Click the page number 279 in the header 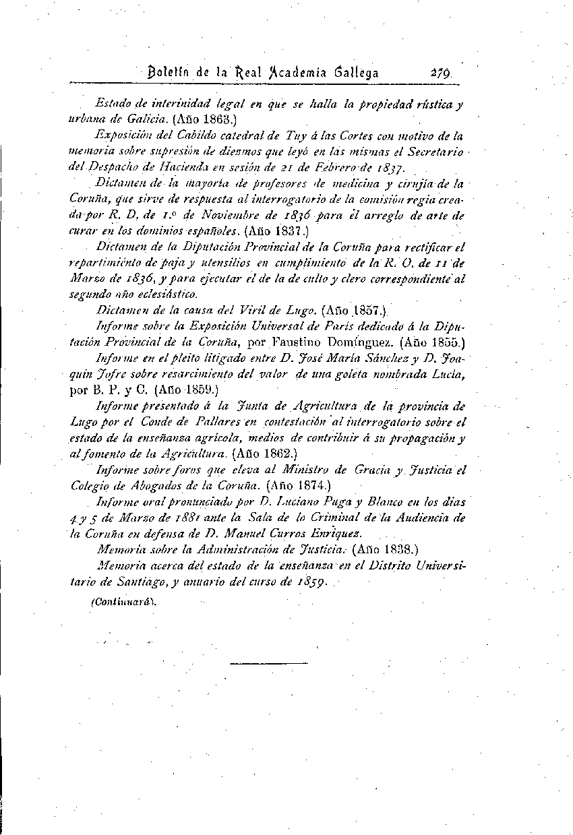click(x=438, y=73)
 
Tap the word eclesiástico click(x=167, y=294)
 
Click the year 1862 click(x=272, y=454)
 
